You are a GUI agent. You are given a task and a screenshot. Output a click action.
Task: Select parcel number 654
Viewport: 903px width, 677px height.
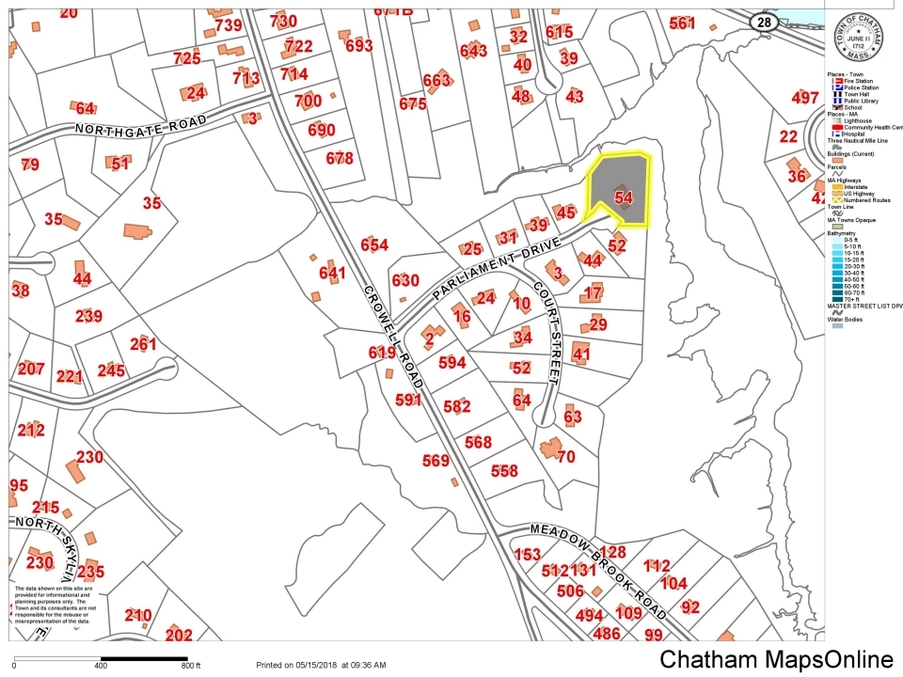pos(374,245)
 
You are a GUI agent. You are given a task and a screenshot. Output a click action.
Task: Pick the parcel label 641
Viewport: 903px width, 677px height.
pos(333,274)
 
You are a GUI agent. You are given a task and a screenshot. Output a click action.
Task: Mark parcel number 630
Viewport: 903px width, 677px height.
pos(405,280)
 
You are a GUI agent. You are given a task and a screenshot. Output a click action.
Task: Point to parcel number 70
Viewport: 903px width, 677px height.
pos(565,458)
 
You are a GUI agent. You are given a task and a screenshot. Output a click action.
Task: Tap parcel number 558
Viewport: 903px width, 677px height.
pos(504,471)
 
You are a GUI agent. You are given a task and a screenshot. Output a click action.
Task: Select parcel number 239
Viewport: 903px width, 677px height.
pos(89,316)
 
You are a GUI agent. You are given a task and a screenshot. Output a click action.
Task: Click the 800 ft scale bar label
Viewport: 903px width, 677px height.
pos(191,666)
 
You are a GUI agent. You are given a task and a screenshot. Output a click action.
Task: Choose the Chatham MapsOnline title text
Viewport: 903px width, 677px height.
pos(776,660)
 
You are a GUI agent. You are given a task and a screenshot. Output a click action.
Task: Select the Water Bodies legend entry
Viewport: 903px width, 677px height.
pos(849,319)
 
